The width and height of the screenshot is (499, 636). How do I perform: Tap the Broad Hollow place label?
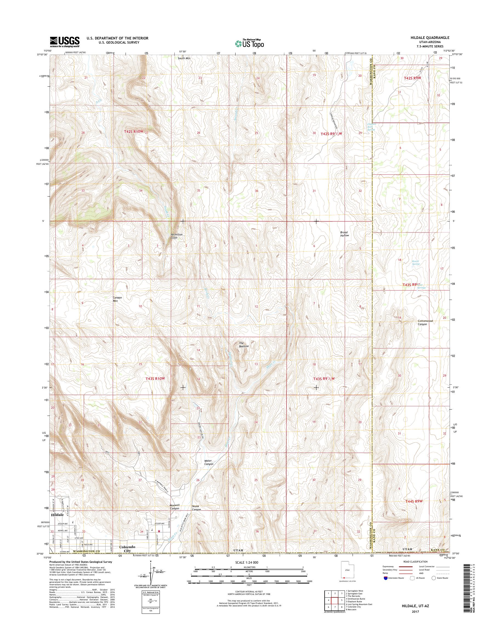tap(344, 234)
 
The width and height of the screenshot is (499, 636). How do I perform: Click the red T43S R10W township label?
tap(155, 379)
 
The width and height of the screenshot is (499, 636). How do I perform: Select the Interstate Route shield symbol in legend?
tap(386, 578)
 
